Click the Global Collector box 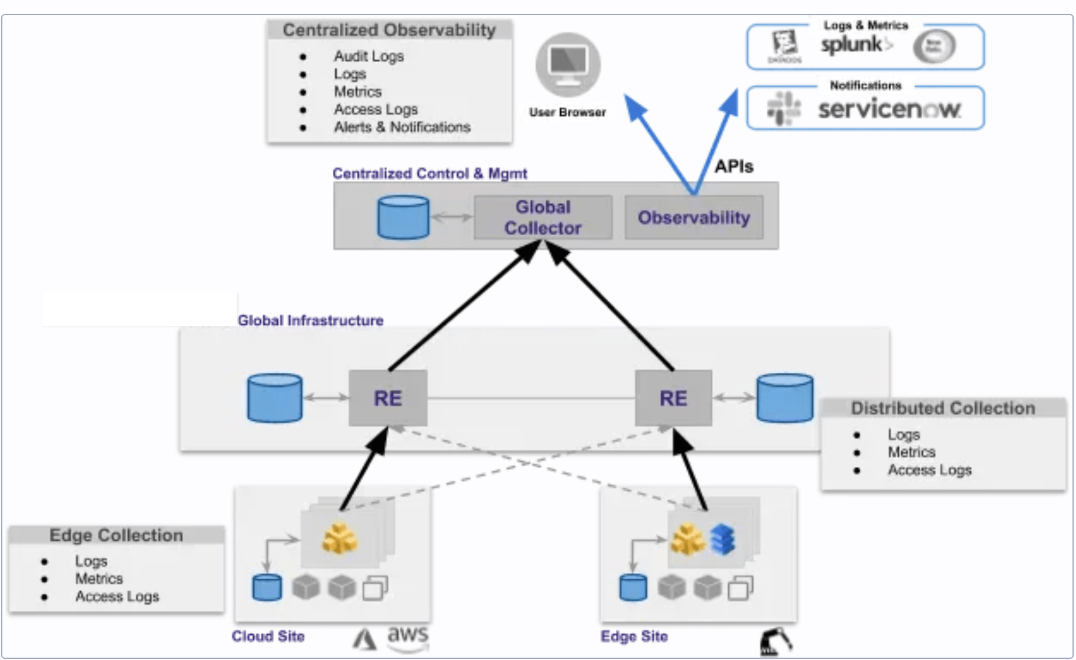click(543, 218)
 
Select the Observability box click(694, 218)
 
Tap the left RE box click(388, 398)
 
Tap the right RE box click(673, 398)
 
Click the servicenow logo click(889, 109)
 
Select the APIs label click(734, 167)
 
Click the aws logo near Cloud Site click(408, 637)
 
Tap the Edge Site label click(634, 637)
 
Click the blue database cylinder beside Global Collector click(403, 218)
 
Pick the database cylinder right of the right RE click(784, 398)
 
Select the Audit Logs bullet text click(368, 56)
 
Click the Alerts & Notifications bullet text click(402, 127)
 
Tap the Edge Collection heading click(116, 535)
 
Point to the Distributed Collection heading click(943, 408)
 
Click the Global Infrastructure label click(310, 321)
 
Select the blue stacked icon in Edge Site click(723, 539)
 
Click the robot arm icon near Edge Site click(775, 642)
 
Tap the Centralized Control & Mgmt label click(429, 174)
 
